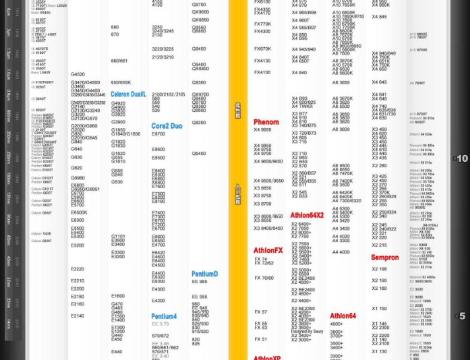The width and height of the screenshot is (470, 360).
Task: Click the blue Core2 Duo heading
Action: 167,126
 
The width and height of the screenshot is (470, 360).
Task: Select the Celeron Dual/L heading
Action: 128,94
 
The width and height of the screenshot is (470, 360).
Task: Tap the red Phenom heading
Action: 266,122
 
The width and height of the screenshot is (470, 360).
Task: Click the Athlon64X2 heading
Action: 307,215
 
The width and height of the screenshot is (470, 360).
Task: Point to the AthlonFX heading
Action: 268,250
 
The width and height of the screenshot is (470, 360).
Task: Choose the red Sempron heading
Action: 384,257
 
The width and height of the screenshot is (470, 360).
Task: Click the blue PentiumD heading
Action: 204,274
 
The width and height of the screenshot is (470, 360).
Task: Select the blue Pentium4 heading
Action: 164,316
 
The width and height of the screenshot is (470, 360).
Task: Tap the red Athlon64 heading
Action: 343,316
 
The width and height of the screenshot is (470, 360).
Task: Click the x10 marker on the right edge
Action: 461,158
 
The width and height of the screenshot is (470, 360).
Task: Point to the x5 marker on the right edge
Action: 461,316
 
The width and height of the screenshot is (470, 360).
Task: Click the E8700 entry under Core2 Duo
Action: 158,134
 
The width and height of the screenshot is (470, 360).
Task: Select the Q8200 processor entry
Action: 199,123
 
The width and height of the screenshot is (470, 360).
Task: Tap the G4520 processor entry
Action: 78,74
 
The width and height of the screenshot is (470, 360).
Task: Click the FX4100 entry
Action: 262,72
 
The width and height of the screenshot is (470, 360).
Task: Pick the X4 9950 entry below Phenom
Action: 262,129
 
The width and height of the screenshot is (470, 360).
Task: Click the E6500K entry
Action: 79,212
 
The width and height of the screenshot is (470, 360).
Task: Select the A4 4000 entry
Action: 341,252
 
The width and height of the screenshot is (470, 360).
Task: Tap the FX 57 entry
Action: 260,312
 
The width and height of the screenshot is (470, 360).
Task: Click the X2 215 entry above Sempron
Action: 380,245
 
